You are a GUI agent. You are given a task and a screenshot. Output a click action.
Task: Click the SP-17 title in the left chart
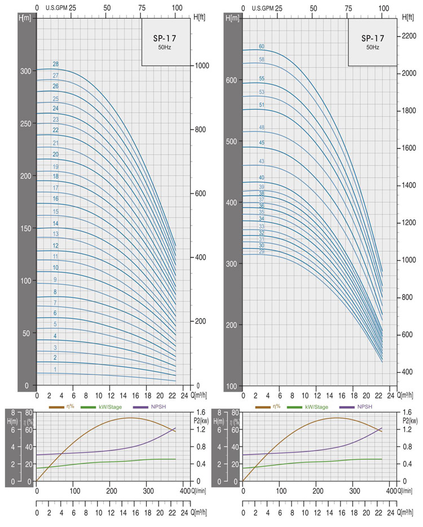(166, 38)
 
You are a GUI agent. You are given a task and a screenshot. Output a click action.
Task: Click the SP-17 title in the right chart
(373, 38)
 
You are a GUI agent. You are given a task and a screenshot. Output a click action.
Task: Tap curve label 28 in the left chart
(55, 64)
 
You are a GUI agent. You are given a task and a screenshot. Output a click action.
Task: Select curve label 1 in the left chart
(55, 370)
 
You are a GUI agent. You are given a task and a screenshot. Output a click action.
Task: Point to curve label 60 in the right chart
(262, 46)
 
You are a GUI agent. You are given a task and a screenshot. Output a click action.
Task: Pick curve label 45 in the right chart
(262, 143)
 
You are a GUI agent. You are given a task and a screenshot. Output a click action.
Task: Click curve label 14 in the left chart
(55, 223)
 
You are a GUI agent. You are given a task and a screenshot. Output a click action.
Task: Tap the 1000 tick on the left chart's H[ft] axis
(201, 65)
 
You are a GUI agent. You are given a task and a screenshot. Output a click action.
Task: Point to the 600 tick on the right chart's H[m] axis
(231, 80)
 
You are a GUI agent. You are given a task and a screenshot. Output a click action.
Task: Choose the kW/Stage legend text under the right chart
(316, 407)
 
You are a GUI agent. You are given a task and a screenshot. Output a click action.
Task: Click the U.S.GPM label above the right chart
(263, 8)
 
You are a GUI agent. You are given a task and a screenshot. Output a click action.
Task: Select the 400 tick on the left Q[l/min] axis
(184, 491)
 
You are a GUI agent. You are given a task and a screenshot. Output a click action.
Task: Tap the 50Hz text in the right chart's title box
(373, 47)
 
